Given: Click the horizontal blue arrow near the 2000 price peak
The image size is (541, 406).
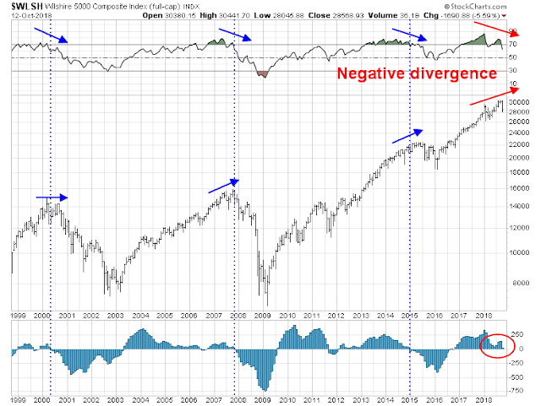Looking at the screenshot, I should pyautogui.click(x=51, y=197).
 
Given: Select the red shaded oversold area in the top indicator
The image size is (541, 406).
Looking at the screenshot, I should pyautogui.click(x=260, y=74).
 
